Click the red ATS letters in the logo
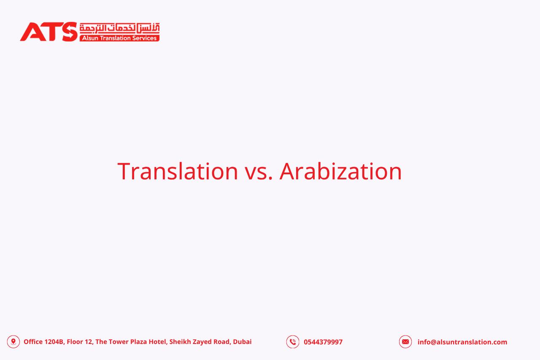point(49,32)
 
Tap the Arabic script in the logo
point(119,28)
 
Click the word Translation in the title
point(178,171)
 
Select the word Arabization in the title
point(340,171)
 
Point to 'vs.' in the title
point(259,171)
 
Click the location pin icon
point(13,341)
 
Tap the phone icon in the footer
point(293,342)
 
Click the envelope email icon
point(405,342)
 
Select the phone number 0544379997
point(323,342)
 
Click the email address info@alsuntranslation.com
point(462,342)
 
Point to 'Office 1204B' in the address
point(43,342)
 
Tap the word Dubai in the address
point(242,342)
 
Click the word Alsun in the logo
point(90,38)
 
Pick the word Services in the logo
point(146,38)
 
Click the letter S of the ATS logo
point(69,32)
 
